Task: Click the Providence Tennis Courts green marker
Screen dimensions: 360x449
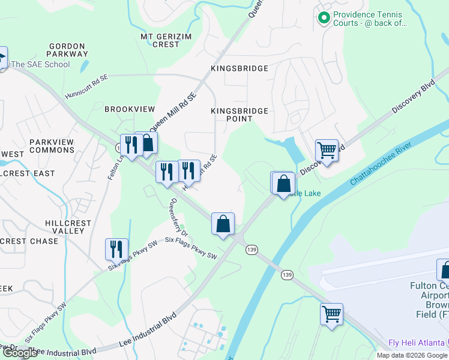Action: (324, 19)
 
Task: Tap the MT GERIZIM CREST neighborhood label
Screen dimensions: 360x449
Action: (160, 40)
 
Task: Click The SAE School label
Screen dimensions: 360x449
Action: (40, 64)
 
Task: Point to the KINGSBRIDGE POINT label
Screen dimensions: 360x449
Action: (240, 115)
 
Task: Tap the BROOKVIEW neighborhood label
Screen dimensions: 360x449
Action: (130, 109)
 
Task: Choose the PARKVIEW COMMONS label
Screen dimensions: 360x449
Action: (52, 146)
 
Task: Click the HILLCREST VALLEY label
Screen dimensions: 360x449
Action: (68, 227)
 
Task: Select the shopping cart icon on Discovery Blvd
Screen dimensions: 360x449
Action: (327, 149)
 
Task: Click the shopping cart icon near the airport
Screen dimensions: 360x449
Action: (331, 313)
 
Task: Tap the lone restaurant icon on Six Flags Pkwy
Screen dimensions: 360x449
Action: (116, 249)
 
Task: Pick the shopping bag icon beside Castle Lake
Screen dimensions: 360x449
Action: (284, 183)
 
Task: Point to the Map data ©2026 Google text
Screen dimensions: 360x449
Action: (411, 355)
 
